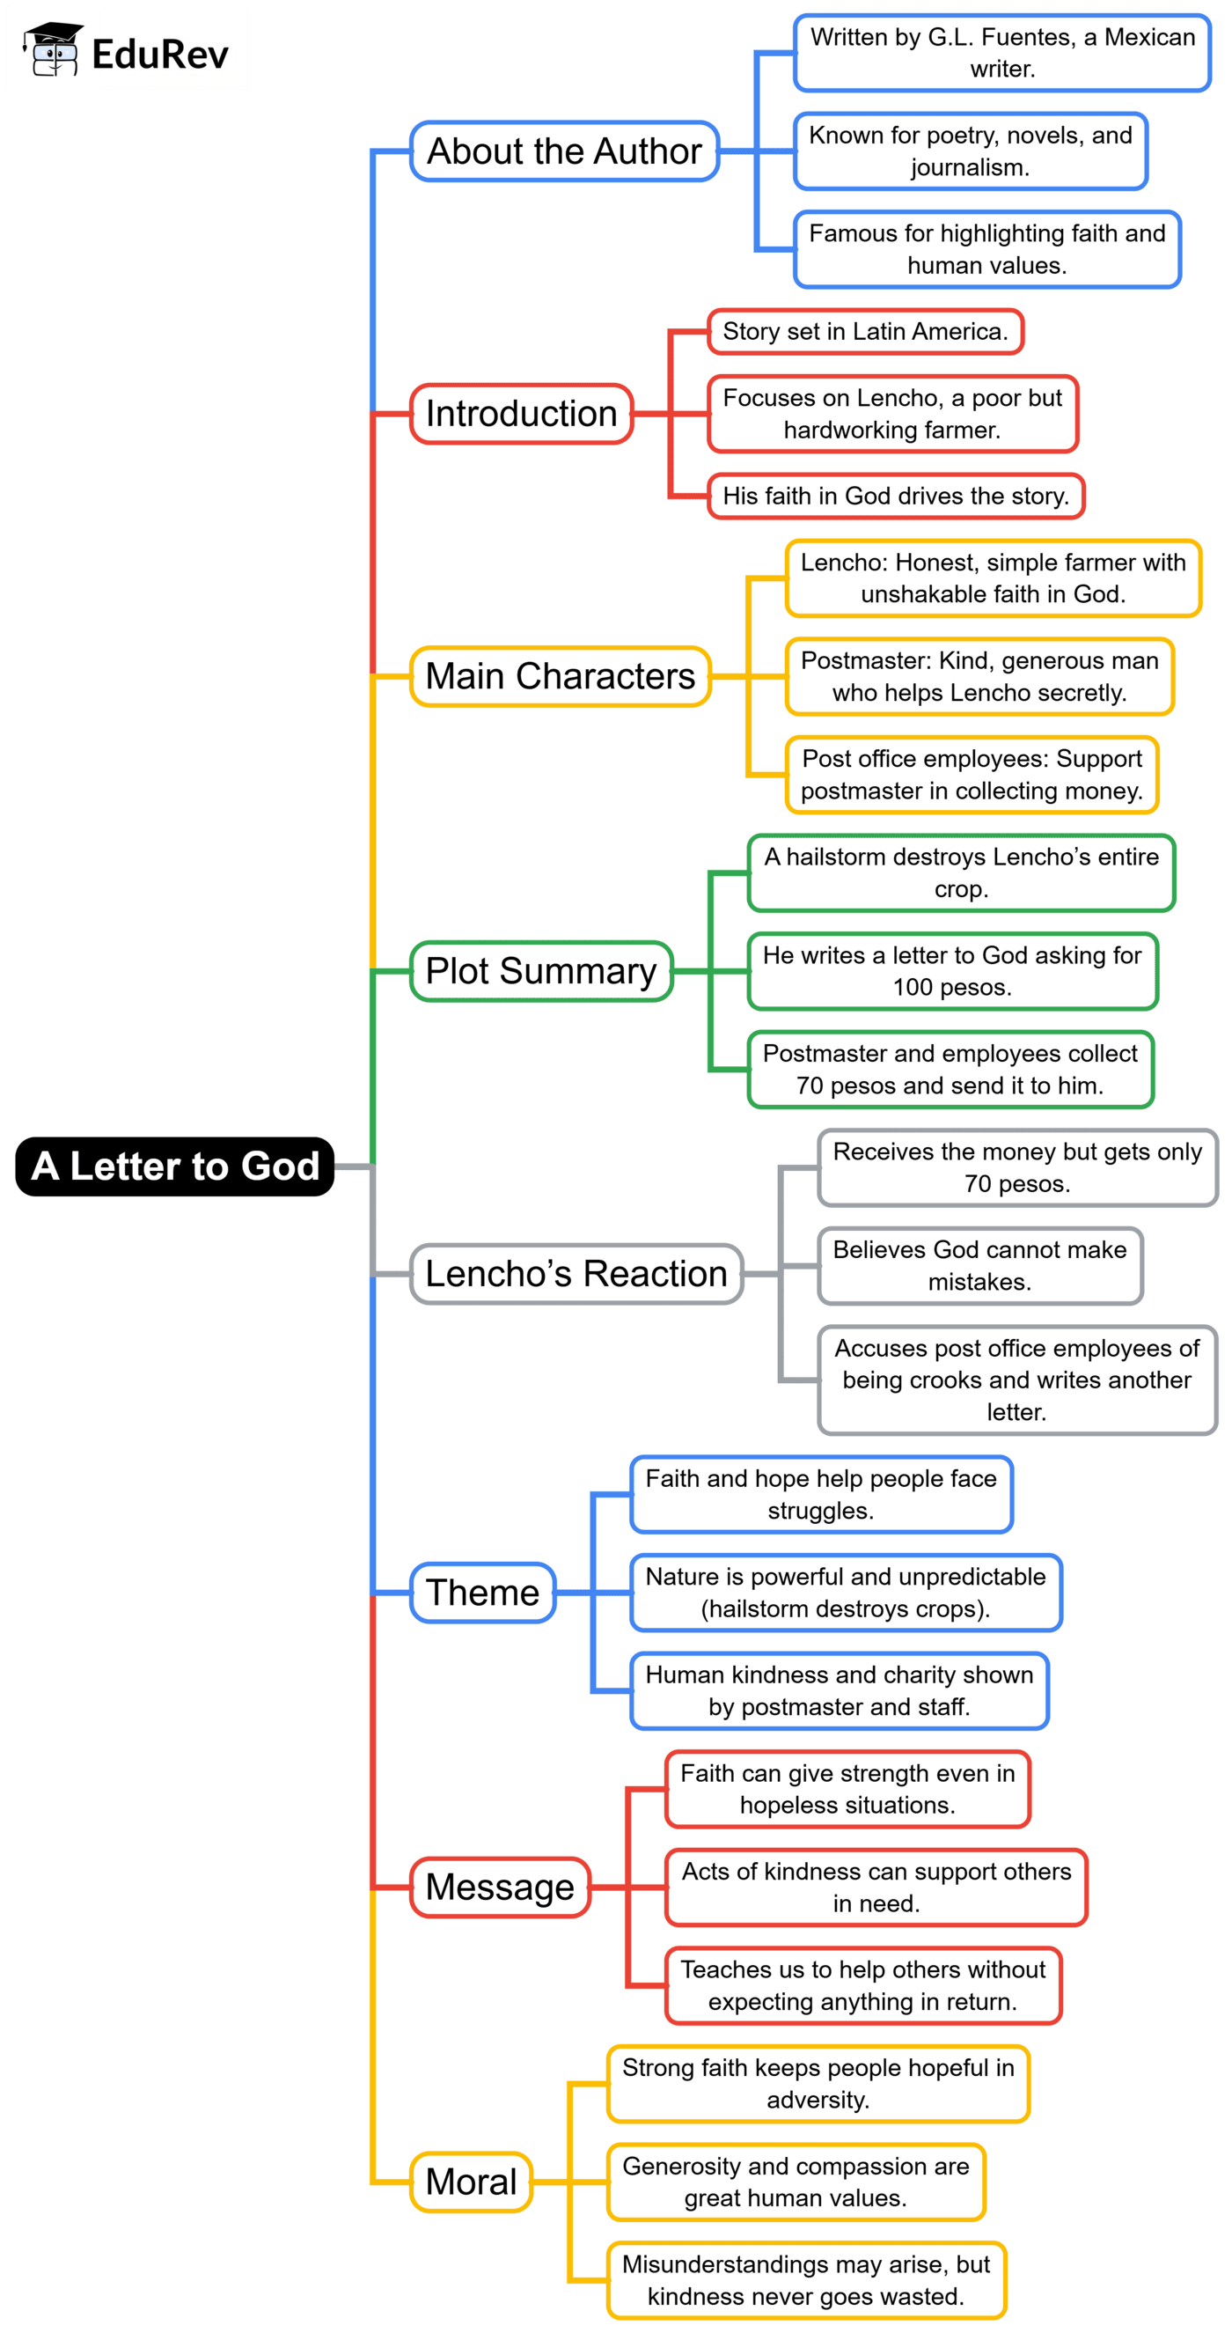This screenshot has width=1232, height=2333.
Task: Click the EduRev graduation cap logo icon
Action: pos(53,50)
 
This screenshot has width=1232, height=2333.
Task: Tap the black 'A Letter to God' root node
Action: pos(175,1166)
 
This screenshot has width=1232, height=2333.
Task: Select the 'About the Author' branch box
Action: pos(564,151)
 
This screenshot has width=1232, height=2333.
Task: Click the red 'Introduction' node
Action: pos(522,414)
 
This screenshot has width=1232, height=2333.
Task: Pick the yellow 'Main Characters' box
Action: pos(561,675)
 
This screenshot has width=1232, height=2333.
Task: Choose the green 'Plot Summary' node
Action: pos(541,971)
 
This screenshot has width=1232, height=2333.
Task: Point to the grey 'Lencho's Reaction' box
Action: pos(576,1273)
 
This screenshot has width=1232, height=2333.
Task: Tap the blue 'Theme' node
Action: pos(482,1593)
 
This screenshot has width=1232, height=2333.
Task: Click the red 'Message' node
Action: pos(500,1888)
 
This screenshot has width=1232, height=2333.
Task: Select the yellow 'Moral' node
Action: pos(471,2182)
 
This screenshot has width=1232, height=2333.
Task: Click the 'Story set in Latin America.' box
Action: pos(864,332)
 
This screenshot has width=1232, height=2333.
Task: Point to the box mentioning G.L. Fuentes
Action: pos(1002,54)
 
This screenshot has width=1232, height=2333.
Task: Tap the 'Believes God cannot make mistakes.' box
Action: pos(979,1265)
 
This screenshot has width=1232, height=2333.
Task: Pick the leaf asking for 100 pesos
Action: pos(952,971)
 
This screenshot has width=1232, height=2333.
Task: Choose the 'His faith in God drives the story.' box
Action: pos(895,497)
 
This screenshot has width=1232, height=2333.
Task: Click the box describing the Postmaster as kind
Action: pos(979,676)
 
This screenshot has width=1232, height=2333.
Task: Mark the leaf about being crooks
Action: pos(1016,1380)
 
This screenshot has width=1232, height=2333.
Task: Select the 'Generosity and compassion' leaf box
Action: pos(796,2182)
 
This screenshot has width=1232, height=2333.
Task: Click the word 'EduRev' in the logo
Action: pos(160,55)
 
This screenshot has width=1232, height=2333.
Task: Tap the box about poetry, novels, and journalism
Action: pos(971,151)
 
